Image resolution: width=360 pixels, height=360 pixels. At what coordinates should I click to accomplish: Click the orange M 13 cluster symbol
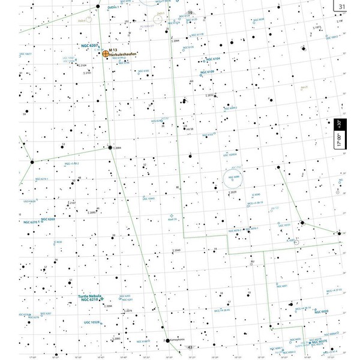pos(106,53)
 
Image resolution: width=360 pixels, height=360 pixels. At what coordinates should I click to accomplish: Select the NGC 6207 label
pos(89,46)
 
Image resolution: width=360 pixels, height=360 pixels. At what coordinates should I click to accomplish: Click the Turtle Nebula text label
pos(89,296)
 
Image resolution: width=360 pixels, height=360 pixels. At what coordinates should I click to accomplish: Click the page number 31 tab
pos(342,7)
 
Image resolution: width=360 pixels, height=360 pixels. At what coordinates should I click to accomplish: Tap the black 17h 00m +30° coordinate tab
pos(339,133)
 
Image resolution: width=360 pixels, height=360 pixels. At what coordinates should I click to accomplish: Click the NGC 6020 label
pos(320,312)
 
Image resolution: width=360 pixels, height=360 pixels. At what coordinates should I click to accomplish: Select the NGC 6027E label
pos(319,341)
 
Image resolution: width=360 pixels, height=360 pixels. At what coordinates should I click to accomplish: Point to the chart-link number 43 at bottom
pos(190,347)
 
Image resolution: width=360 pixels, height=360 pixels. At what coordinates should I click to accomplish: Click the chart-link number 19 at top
pos(190,12)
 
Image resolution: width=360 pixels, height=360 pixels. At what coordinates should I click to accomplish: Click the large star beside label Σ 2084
pos(110,147)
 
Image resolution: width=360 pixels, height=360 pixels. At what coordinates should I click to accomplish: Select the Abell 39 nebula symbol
pos(172,214)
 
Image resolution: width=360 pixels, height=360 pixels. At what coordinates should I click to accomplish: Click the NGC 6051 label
pos(282,286)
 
